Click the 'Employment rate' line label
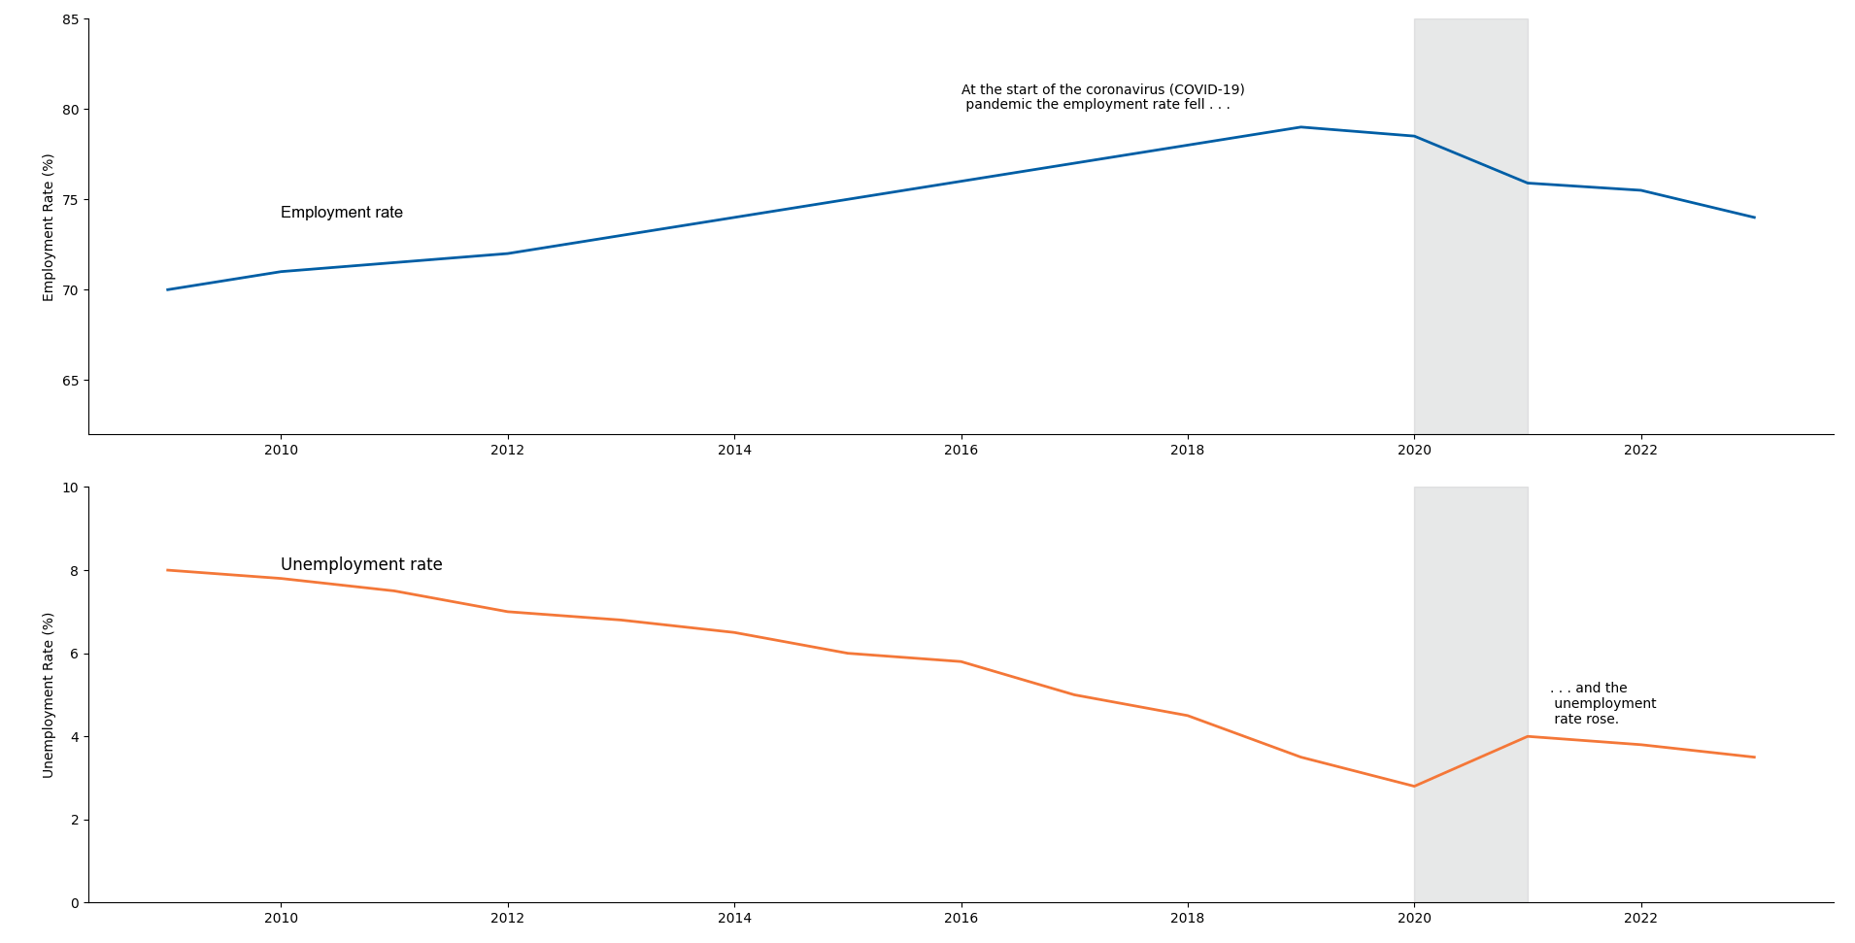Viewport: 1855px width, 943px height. point(341,213)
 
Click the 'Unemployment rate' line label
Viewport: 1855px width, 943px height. point(361,564)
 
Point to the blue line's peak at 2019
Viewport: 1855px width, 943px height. point(1300,127)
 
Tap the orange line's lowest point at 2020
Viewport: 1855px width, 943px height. point(1414,786)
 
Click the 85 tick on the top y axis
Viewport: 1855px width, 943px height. point(71,19)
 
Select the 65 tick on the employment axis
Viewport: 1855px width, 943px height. point(71,381)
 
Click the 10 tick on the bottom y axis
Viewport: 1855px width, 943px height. point(71,488)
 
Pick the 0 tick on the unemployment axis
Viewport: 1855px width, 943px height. point(75,903)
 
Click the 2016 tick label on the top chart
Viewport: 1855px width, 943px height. point(961,451)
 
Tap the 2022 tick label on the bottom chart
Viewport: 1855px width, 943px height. point(1640,919)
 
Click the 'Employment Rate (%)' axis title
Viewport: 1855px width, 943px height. point(49,227)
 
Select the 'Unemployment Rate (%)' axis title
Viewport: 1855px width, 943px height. point(49,694)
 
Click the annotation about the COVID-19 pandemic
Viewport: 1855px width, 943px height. point(1102,97)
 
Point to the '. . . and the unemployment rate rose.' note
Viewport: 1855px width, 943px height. point(1602,703)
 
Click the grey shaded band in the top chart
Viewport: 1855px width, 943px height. point(1470,291)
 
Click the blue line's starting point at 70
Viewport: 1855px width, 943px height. point(168,289)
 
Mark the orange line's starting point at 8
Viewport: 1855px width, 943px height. point(168,570)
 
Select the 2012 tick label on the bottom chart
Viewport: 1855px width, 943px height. point(507,919)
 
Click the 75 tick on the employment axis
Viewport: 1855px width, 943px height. point(71,200)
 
